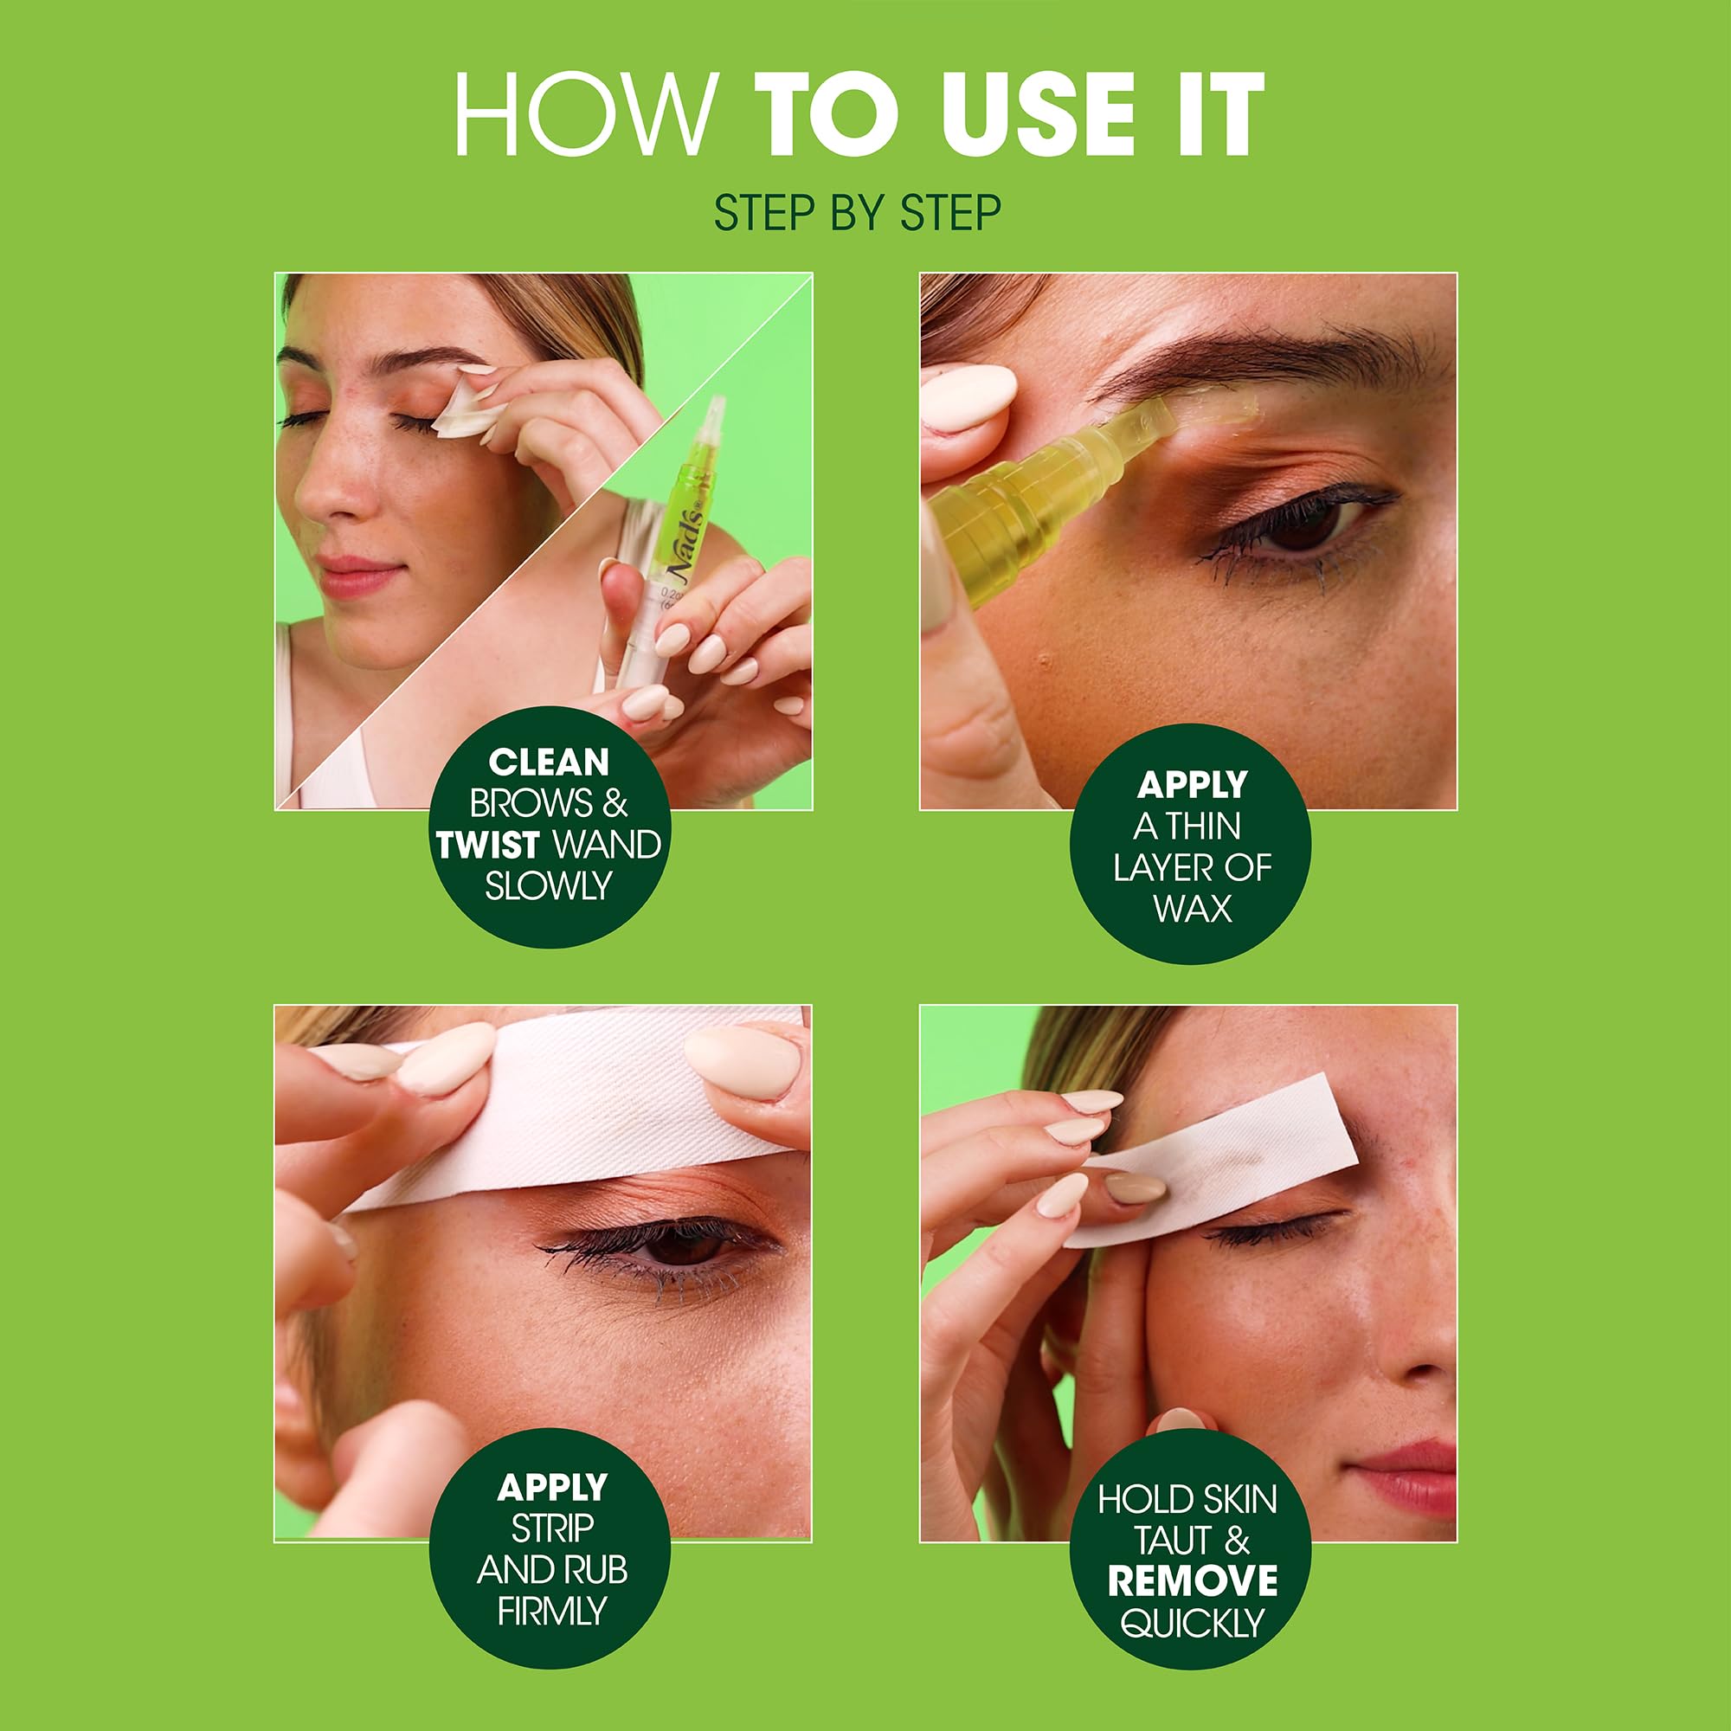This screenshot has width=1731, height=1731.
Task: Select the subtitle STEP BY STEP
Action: tap(858, 213)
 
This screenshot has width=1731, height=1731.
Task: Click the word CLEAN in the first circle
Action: tap(549, 763)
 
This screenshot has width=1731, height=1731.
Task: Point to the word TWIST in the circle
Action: tap(488, 845)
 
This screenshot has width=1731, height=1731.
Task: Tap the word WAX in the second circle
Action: tap(1192, 909)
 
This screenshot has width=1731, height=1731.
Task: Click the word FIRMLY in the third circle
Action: tap(552, 1611)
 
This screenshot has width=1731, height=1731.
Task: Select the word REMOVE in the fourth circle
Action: tap(1193, 1580)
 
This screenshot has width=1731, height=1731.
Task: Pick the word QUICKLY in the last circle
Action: tap(1192, 1623)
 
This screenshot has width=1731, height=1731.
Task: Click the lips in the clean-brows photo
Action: tap(358, 576)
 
